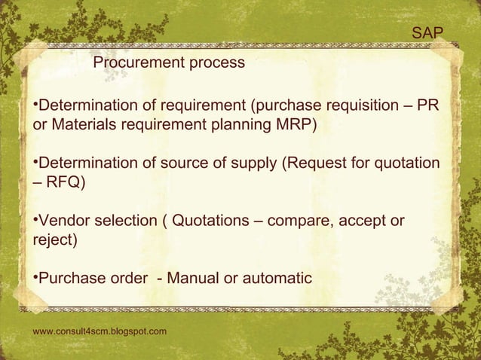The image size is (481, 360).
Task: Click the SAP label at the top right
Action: tap(427, 32)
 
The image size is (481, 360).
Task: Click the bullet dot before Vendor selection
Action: tap(35, 219)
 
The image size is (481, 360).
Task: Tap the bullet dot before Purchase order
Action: tap(35, 277)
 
